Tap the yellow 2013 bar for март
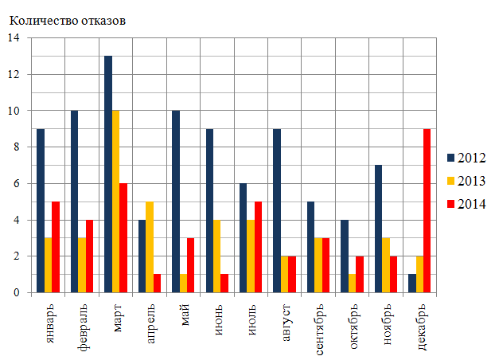pyautogui.click(x=116, y=202)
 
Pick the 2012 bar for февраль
pyautogui.click(x=74, y=202)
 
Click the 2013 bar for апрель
pyautogui.click(x=150, y=247)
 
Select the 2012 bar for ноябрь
pyautogui.click(x=378, y=229)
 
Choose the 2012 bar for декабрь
pyautogui.click(x=411, y=284)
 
